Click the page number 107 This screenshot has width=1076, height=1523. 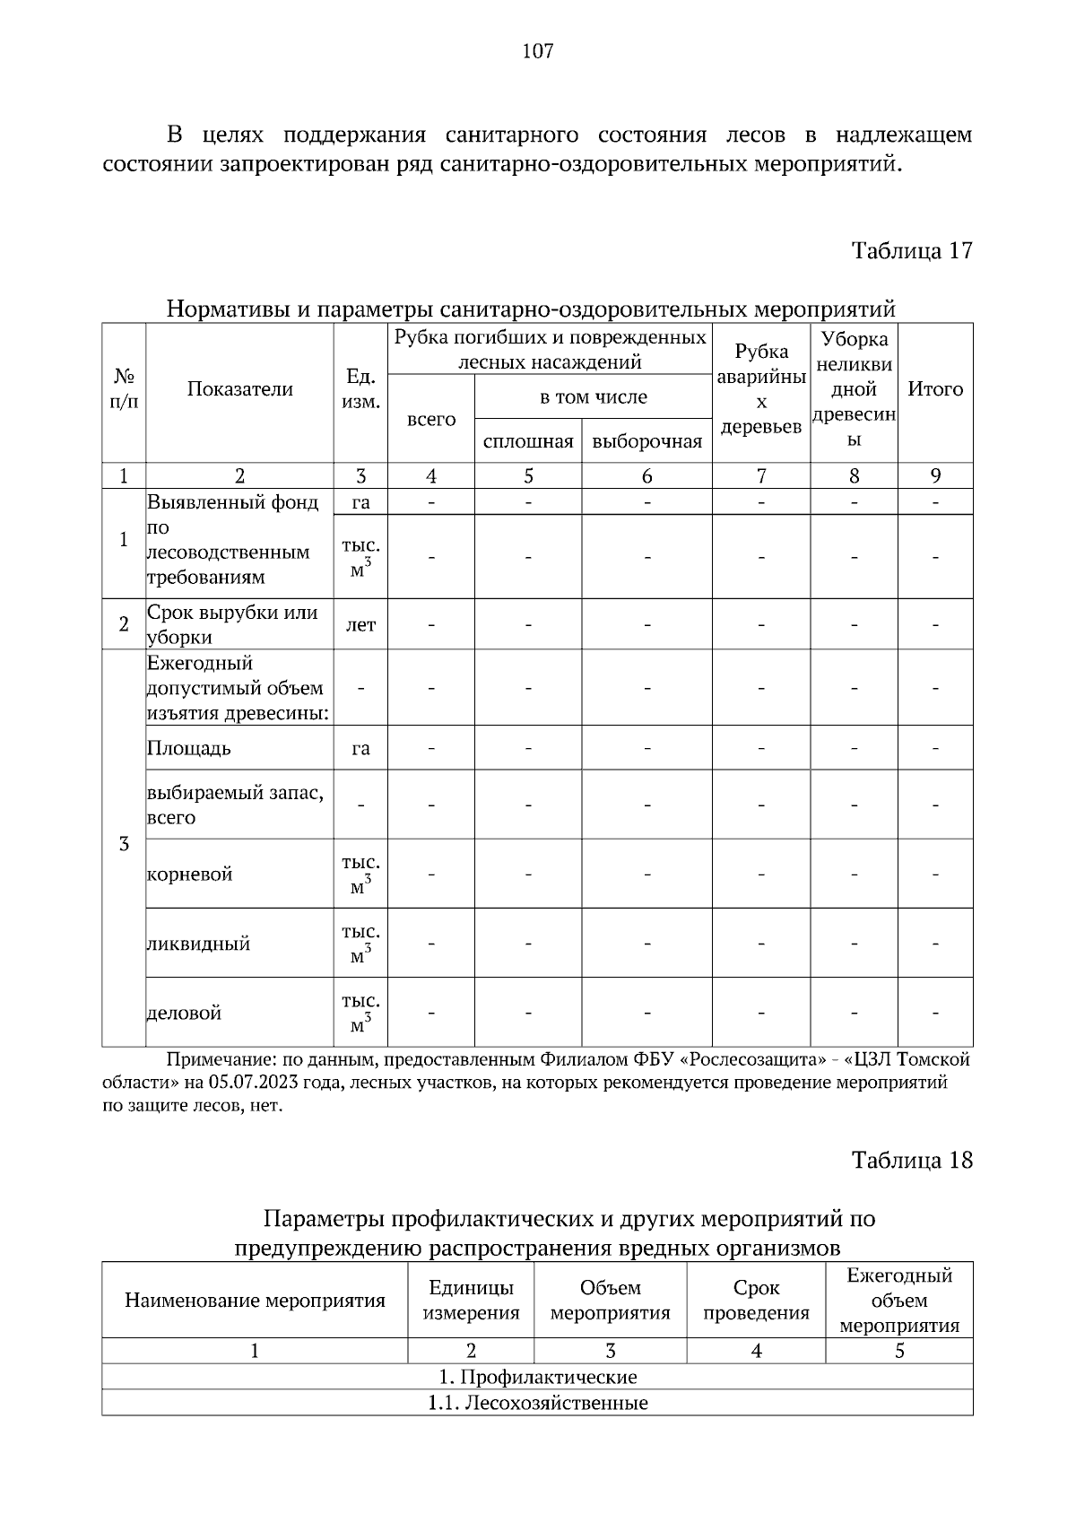click(537, 51)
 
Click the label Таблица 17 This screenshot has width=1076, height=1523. click(911, 250)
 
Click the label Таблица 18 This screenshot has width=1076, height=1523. click(911, 1160)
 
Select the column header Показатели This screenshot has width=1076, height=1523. click(239, 389)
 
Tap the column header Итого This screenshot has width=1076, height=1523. click(935, 389)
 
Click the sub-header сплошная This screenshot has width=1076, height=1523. click(527, 441)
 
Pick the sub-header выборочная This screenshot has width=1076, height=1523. click(646, 441)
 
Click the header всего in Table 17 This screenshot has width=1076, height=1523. click(430, 420)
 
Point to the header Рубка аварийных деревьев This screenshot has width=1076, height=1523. click(761, 389)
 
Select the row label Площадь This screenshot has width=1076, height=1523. click(189, 748)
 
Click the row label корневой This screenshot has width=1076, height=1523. click(190, 875)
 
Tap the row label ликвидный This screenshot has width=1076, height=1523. click(198, 944)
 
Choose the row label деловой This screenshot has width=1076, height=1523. click(184, 1014)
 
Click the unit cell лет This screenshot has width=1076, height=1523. click(360, 625)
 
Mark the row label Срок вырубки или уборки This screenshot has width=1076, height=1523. click(232, 625)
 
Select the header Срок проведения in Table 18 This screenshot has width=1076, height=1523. click(756, 1301)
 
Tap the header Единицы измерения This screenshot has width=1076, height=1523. click(471, 1301)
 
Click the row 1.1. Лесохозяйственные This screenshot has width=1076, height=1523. click(537, 1403)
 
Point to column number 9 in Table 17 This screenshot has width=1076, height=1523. click(935, 476)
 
